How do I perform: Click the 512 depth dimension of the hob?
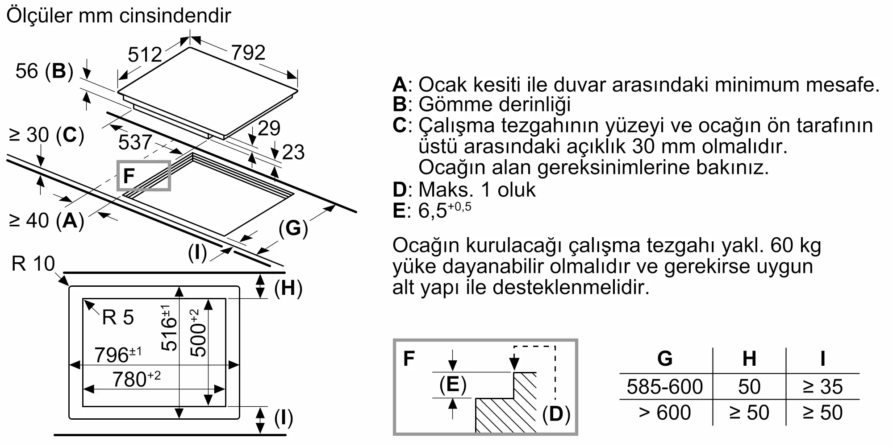(145, 55)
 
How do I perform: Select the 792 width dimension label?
(248, 53)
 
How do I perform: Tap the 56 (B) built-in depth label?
(44, 71)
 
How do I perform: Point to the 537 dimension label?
(135, 142)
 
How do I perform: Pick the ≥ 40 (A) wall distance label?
(47, 220)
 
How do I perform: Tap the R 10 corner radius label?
(33, 264)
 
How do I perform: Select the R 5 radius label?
(118, 318)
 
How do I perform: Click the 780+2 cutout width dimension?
(136, 379)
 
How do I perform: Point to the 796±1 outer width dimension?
(118, 355)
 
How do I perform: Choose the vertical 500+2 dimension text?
(198, 333)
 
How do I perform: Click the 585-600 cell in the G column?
(664, 387)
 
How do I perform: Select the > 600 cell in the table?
(664, 413)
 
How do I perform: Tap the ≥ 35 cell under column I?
(822, 387)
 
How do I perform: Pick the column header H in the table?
(749, 359)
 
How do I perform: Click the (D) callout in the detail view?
(556, 414)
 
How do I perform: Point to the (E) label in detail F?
(453, 384)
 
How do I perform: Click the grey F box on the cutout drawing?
(143, 176)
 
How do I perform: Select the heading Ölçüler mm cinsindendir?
(119, 16)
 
